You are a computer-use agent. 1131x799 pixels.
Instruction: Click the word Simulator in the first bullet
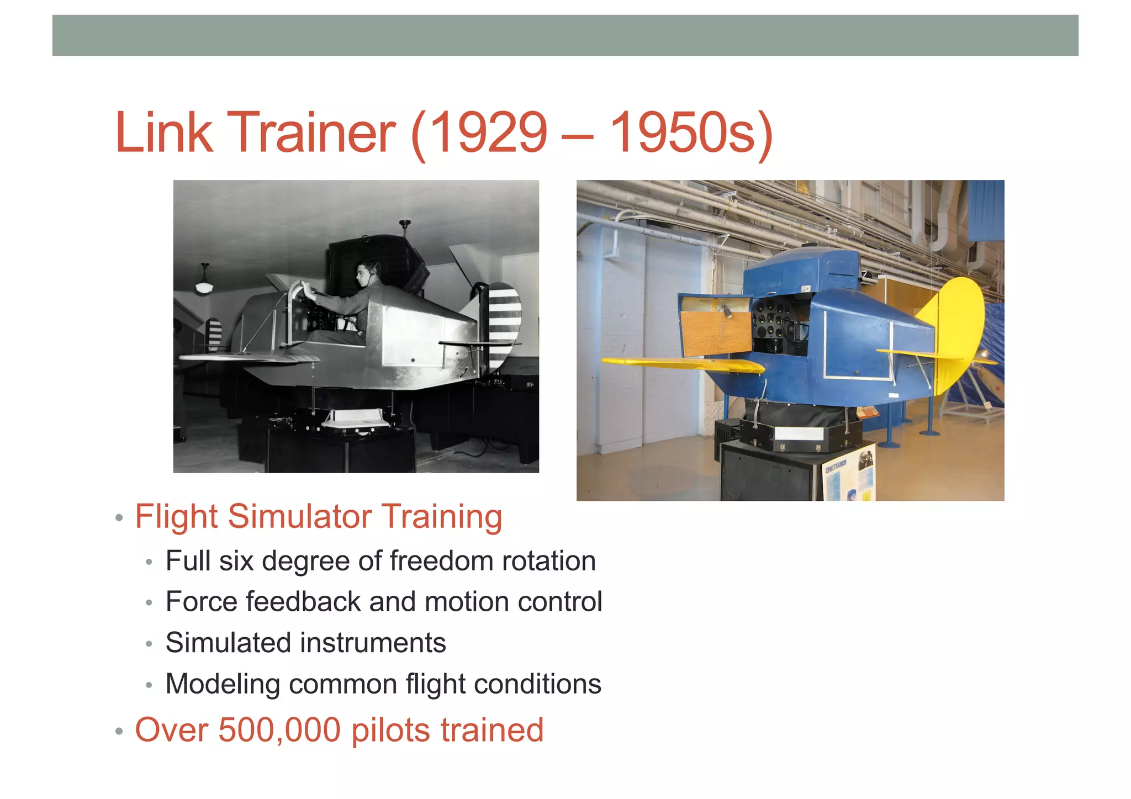pyautogui.click(x=299, y=517)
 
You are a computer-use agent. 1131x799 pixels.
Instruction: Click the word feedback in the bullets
pyautogui.click(x=303, y=601)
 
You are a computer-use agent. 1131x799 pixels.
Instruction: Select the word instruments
pyautogui.click(x=373, y=643)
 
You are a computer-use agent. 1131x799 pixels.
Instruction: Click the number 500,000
pyautogui.click(x=279, y=730)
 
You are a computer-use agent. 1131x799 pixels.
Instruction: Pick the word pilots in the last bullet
pyautogui.click(x=390, y=730)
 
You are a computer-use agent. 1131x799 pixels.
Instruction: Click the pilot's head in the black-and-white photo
pyautogui.click(x=366, y=272)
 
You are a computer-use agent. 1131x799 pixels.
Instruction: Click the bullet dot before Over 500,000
pyautogui.click(x=119, y=732)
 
